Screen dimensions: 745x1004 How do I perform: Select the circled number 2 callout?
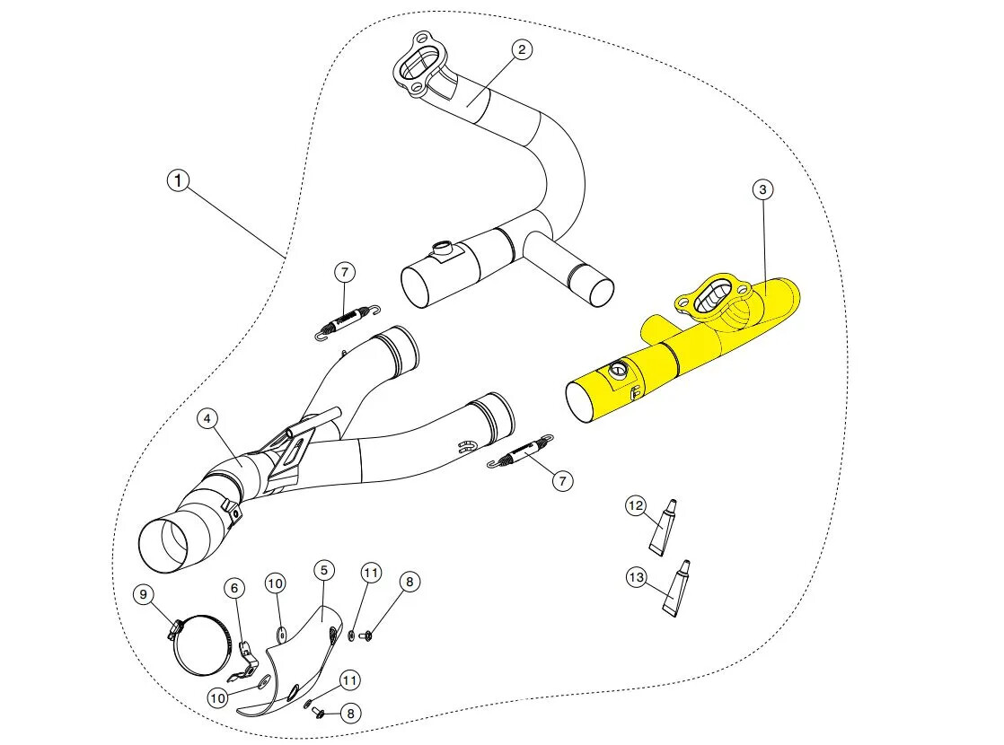coord(521,49)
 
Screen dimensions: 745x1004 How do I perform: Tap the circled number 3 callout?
coord(762,189)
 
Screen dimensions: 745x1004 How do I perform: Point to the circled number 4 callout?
coord(207,418)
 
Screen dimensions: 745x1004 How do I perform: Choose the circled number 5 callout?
coord(324,570)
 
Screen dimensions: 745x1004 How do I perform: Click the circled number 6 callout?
coord(234,588)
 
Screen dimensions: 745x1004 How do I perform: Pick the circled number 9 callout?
coord(142,594)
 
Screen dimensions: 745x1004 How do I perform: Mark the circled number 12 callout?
coord(636,507)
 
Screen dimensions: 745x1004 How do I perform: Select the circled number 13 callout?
coord(637,578)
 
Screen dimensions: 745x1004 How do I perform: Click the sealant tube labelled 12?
coord(663,530)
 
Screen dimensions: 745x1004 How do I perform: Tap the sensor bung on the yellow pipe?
coord(617,371)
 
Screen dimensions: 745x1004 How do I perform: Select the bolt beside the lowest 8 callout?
coord(319,714)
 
